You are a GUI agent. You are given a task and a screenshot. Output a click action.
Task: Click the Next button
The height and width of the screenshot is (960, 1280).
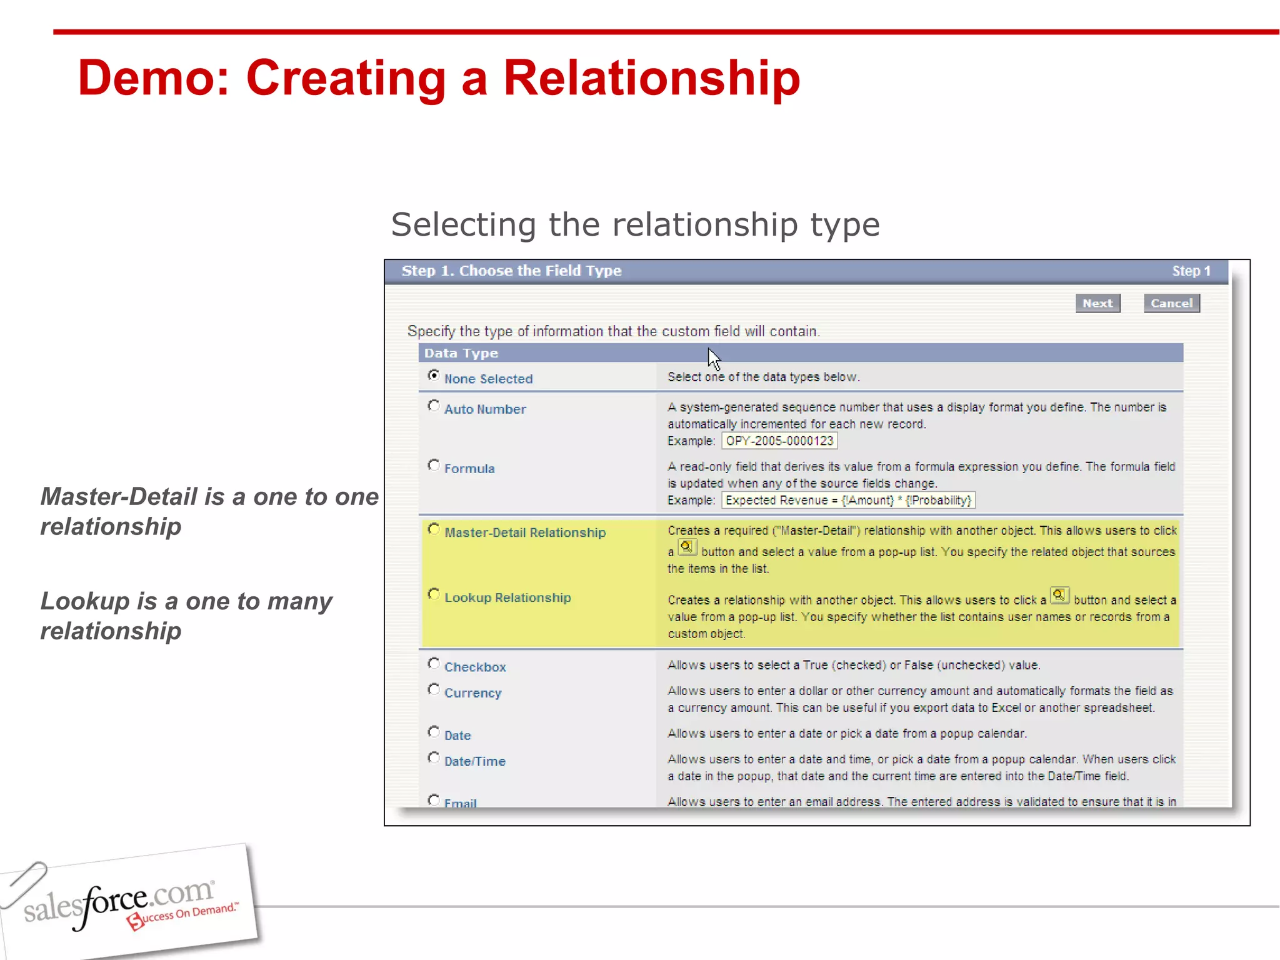click(1097, 303)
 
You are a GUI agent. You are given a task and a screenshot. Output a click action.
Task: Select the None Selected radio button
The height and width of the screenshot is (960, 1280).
click(433, 376)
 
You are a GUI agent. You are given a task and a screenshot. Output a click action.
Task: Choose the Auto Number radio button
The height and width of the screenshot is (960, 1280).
click(433, 406)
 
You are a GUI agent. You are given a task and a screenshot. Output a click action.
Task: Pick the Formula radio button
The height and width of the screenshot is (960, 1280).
click(433, 466)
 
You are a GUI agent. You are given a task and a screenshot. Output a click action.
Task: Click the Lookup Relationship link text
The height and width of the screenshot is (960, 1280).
click(507, 597)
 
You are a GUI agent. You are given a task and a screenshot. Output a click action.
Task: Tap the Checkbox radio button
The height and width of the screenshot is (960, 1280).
click(433, 664)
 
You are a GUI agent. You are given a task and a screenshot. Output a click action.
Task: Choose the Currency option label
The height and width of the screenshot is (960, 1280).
click(472, 693)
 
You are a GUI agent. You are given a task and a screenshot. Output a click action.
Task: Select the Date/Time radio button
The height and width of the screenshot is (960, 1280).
click(433, 758)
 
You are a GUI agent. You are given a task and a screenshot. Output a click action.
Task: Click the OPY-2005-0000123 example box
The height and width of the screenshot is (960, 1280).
click(779, 441)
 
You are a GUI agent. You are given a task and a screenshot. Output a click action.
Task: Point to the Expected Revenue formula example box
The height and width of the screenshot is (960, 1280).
click(848, 501)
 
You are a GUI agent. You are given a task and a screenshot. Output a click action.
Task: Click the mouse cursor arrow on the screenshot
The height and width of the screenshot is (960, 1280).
click(714, 359)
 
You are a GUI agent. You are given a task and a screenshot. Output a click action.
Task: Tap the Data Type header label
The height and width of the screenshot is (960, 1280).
click(461, 353)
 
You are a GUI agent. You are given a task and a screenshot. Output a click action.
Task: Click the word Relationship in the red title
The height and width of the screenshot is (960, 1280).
click(651, 78)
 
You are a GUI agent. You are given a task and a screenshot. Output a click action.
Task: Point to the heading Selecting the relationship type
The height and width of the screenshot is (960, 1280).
click(635, 224)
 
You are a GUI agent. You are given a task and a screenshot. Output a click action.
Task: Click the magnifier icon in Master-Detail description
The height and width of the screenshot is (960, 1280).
click(687, 547)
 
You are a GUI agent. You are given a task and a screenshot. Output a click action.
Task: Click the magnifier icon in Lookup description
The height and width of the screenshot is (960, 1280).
click(1059, 595)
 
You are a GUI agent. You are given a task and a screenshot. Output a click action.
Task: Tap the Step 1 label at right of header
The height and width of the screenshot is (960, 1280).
click(1191, 271)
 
